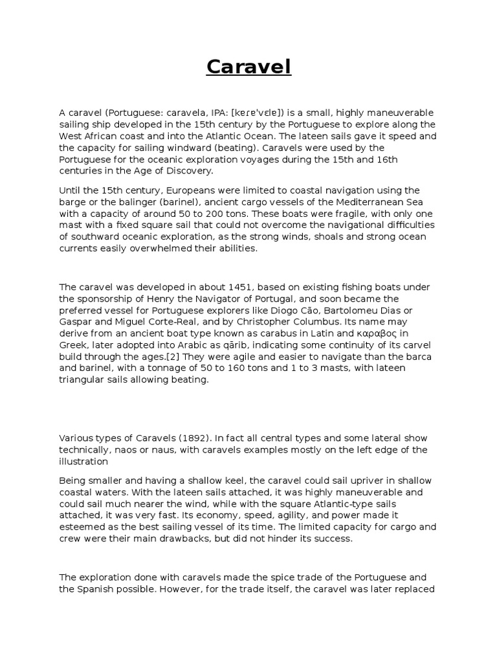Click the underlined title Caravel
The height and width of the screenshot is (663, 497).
point(248,67)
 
